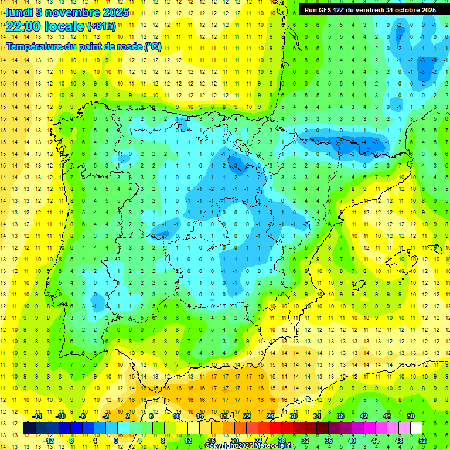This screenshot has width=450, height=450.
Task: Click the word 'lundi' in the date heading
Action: tap(18, 12)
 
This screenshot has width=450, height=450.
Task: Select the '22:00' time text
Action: tap(23, 26)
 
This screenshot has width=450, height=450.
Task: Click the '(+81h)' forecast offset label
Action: tap(101, 26)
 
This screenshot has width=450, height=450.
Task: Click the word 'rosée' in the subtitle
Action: tap(128, 46)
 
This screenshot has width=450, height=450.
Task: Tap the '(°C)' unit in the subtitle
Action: tap(152, 46)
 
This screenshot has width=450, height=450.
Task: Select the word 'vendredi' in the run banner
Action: tap(370, 10)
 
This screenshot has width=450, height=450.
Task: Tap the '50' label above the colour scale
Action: tap(411, 416)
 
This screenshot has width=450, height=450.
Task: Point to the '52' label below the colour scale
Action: tap(422, 440)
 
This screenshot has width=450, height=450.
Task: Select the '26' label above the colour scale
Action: tap(270, 416)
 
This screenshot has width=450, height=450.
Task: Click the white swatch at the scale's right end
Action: tap(416, 428)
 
